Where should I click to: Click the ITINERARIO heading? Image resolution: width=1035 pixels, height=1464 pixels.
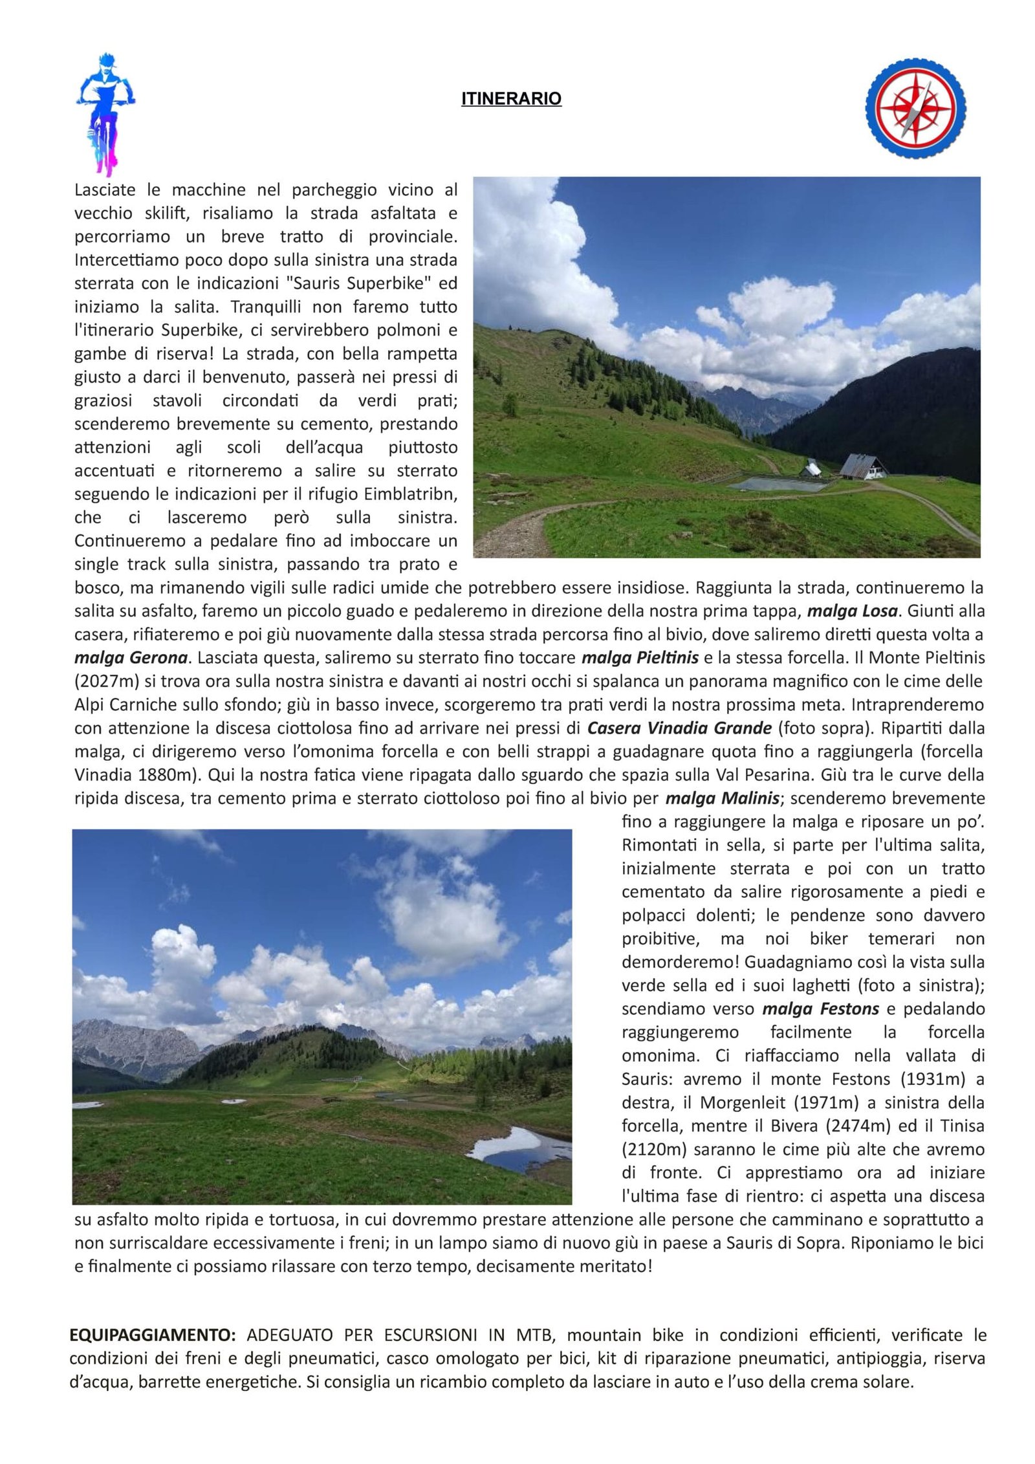(x=511, y=99)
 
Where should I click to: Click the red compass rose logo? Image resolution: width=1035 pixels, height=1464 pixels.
(x=915, y=109)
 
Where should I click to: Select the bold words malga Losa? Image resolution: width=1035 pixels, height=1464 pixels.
(x=853, y=611)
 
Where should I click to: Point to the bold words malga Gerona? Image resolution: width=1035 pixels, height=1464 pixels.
(x=131, y=658)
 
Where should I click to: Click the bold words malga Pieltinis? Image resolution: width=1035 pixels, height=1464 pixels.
(x=640, y=658)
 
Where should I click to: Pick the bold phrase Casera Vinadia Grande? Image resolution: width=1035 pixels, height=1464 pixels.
(x=679, y=728)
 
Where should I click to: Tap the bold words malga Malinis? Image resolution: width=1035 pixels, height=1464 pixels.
(x=722, y=798)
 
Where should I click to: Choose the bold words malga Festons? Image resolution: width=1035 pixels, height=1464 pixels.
(x=820, y=1009)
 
